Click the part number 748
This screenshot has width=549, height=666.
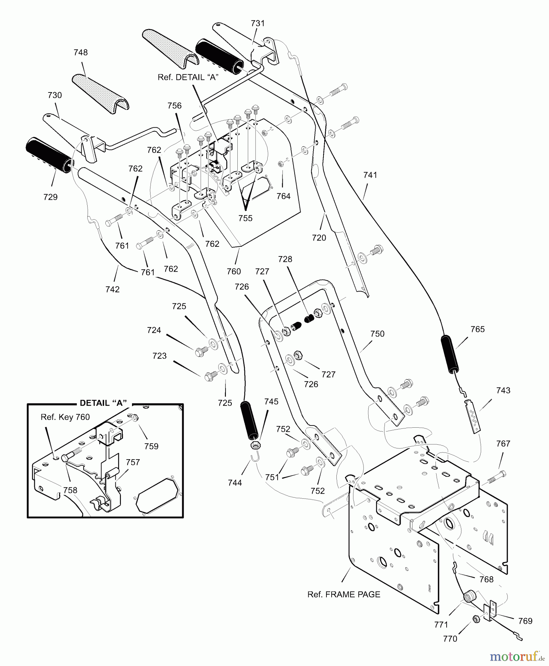point(81,53)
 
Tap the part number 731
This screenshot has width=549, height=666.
point(258,23)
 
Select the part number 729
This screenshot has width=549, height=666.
point(51,197)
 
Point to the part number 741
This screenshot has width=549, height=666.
point(370,175)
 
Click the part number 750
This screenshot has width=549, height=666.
point(377,334)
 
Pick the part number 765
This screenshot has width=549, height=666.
point(478,329)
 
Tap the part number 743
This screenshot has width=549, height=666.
point(504,390)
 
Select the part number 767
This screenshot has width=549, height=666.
point(503,444)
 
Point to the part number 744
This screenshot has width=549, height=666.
point(235,482)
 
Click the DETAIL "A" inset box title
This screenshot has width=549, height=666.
point(104,403)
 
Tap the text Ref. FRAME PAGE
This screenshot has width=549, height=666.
point(344,594)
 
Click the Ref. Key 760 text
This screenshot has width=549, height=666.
point(65,417)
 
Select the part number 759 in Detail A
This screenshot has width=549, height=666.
point(151,446)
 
